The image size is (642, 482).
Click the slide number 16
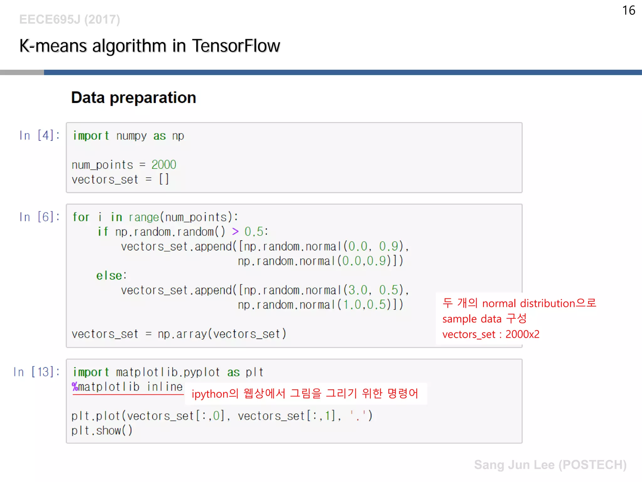pyautogui.click(x=628, y=10)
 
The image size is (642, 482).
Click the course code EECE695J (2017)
pyautogui.click(x=70, y=19)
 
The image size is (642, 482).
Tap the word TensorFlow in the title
pyautogui.click(x=236, y=46)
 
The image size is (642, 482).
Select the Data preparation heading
pyautogui.click(x=134, y=98)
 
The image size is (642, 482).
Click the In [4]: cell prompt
pyautogui.click(x=39, y=136)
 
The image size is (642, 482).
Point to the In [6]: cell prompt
pyautogui.click(x=39, y=217)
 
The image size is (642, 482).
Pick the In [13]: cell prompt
pyautogui.click(x=36, y=372)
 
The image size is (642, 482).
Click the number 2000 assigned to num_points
pyautogui.click(x=164, y=165)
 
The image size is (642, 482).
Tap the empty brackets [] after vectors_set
pyautogui.click(x=164, y=179)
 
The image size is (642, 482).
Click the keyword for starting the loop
pyautogui.click(x=81, y=217)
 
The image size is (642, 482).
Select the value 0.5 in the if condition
pyautogui.click(x=254, y=232)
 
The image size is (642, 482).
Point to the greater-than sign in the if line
pyautogui.click(x=235, y=232)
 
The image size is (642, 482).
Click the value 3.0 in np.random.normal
pyautogui.click(x=357, y=290)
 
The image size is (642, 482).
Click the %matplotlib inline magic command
pyautogui.click(x=127, y=387)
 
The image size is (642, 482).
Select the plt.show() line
pyautogui.click(x=102, y=431)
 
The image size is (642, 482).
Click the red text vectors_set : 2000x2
pyautogui.click(x=491, y=335)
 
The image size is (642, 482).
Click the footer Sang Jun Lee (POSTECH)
pyautogui.click(x=550, y=465)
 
